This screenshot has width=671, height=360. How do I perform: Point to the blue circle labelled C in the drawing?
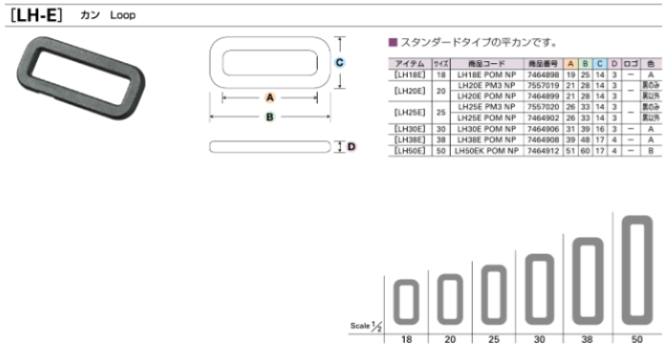340,62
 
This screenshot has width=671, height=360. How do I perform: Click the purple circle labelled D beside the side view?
351,146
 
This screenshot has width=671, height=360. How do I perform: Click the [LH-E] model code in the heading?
34,15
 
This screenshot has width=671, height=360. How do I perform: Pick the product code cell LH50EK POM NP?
487,151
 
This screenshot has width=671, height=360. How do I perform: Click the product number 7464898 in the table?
542,74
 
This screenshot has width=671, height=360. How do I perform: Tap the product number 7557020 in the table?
542,108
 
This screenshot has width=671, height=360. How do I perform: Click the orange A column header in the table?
570,62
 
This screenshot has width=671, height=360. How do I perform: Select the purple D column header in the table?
614,62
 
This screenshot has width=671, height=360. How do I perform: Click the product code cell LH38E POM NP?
487,140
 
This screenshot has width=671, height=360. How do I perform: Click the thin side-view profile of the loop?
270,146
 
